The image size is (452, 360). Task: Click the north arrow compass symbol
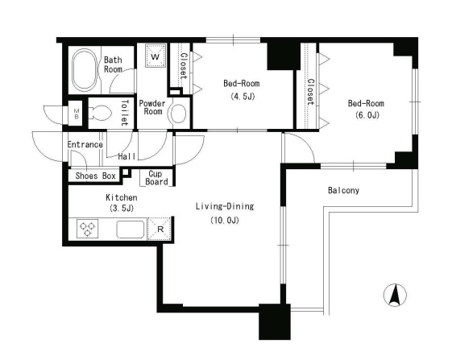395,295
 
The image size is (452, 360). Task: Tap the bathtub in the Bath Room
84,70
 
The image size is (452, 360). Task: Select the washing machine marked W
156,56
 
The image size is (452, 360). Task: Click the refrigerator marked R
160,229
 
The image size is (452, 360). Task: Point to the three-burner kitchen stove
87,229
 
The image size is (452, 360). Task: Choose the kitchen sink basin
131,230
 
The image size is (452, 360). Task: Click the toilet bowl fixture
99,113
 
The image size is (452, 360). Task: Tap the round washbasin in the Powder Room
178,114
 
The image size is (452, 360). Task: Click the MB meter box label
77,114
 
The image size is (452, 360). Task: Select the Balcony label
343,191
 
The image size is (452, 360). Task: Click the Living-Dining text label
225,206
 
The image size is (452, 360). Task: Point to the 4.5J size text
243,97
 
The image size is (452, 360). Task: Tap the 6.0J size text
367,115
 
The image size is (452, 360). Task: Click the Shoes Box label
95,176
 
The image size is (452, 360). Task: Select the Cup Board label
156,177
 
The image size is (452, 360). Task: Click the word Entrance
85,144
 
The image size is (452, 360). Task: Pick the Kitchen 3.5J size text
122,208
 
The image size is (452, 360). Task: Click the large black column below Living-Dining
275,321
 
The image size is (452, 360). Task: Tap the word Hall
126,156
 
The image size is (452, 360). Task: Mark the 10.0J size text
225,221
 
